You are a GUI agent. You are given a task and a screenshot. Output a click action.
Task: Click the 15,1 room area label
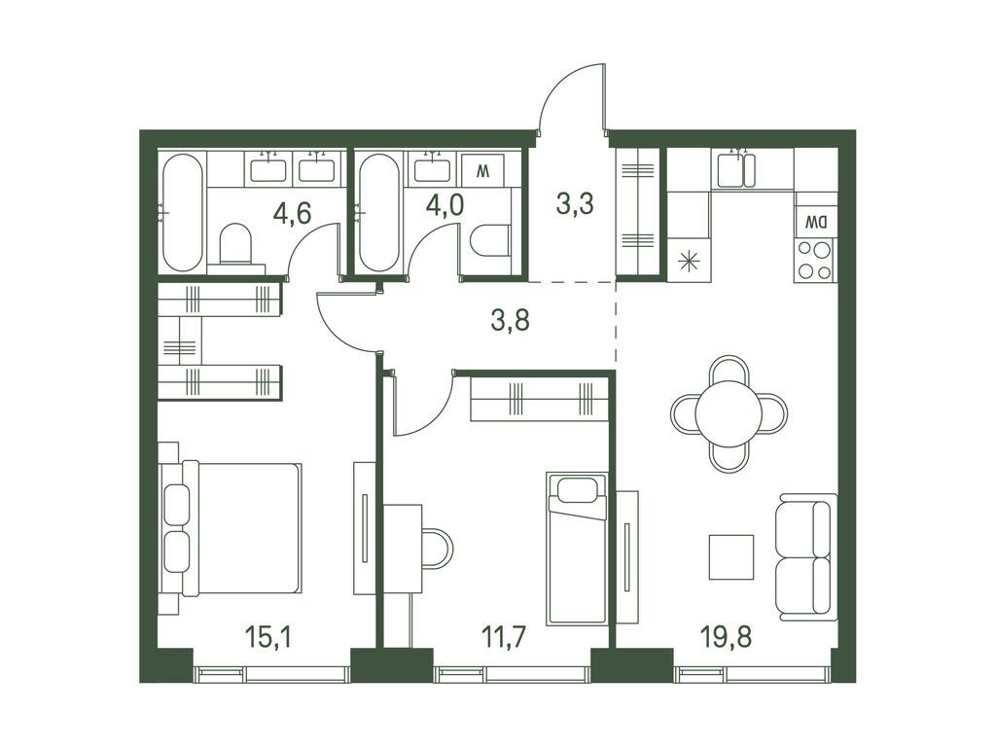tap(268, 636)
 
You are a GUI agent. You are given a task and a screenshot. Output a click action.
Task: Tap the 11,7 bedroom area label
tap(504, 636)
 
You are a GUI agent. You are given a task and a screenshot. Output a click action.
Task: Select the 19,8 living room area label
tap(727, 636)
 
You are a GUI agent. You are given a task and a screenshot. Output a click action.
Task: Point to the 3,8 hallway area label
tap(510, 321)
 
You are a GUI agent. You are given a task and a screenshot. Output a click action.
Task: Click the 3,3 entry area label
tap(574, 204)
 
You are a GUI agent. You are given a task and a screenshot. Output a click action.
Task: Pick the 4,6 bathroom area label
tap(292, 213)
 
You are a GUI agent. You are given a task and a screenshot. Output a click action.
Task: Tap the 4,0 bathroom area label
tap(445, 205)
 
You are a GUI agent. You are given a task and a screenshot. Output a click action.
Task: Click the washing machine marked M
tap(482, 169)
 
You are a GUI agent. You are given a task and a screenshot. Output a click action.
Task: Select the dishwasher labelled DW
tap(816, 223)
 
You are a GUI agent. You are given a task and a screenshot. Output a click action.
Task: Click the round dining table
tap(729, 413)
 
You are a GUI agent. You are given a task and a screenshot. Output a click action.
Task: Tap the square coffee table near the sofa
tap(731, 557)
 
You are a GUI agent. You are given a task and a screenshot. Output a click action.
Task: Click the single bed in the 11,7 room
tap(577, 549)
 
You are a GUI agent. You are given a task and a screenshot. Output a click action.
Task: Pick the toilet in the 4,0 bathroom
tap(490, 241)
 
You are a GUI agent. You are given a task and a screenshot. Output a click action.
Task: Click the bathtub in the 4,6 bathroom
tap(182, 213)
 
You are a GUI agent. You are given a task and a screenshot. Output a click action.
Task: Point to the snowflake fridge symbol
tap(690, 263)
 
